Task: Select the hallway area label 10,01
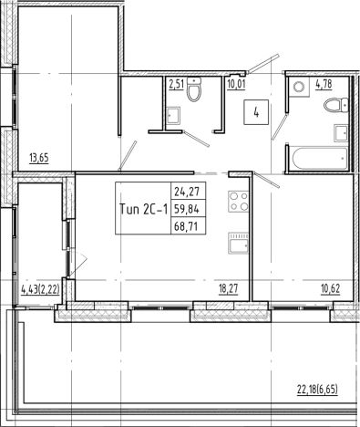tap(238, 88)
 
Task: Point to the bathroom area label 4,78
tap(324, 88)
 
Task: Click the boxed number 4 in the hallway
tap(258, 114)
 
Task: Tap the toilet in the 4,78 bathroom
tap(333, 106)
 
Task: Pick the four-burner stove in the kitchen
tap(239, 202)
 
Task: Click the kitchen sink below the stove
tap(239, 244)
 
